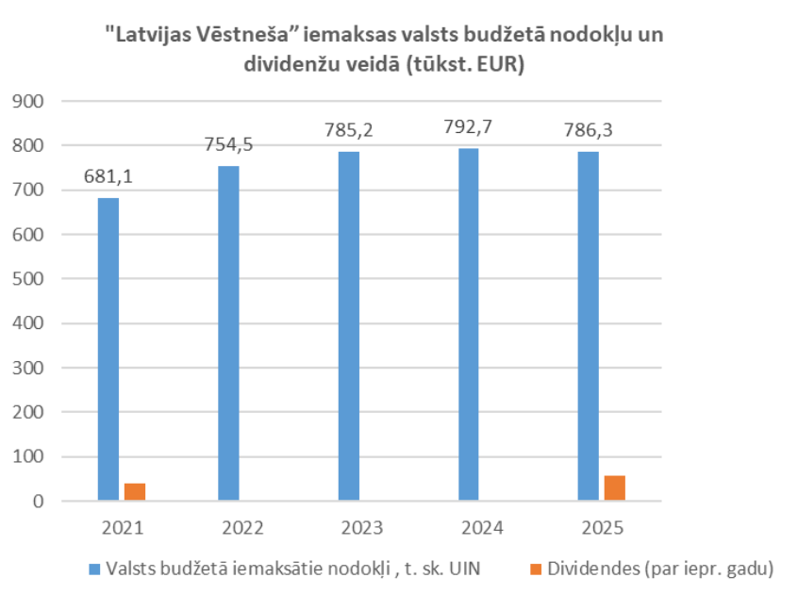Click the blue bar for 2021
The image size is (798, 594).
[108, 349]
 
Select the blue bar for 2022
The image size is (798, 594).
[228, 333]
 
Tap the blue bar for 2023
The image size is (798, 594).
[348, 325]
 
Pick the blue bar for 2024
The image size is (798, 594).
[468, 324]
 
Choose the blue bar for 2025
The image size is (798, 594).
[588, 325]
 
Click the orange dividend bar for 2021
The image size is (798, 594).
[135, 491]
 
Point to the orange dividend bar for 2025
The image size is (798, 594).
[614, 487]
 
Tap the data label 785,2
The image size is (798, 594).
[348, 130]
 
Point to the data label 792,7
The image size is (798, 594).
[468, 126]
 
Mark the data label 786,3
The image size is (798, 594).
[588, 130]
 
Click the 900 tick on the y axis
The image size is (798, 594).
[32, 101]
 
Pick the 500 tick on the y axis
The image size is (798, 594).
[32, 279]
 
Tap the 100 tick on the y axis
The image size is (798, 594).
[32, 457]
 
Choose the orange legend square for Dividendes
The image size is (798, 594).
[535, 569]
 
